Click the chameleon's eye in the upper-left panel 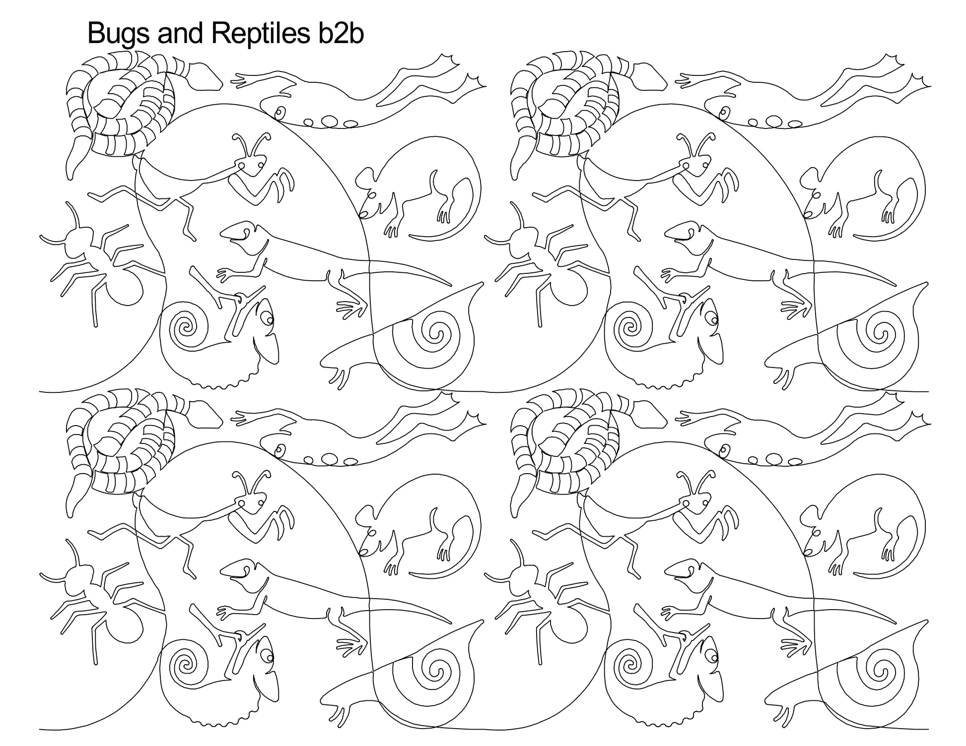coord(269,320)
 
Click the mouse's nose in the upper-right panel coord(807,214)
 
